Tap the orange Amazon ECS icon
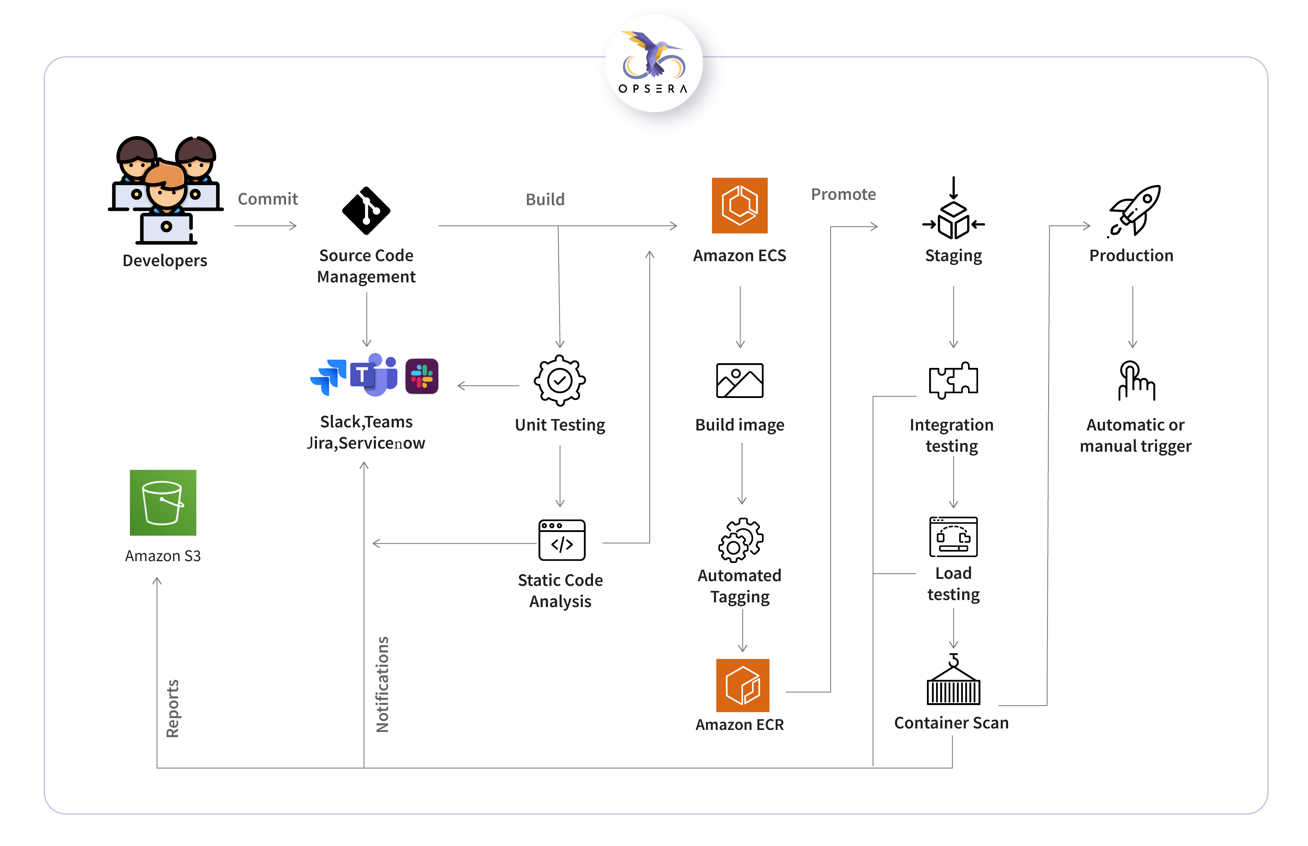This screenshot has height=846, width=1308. pos(739,205)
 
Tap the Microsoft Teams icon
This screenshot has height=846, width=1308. pos(375,375)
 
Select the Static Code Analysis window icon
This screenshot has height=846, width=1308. pos(561,540)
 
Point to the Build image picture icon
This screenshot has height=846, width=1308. pos(739,380)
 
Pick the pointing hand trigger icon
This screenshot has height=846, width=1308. pos(1135,380)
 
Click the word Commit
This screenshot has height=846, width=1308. pos(267,199)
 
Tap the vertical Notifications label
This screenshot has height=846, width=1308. pos(382,685)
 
